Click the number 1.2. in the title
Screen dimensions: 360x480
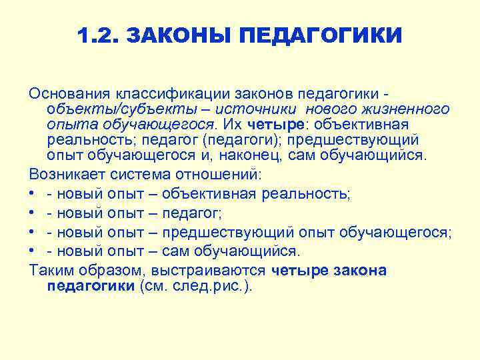click(x=97, y=35)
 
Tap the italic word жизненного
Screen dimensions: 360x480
click(x=401, y=109)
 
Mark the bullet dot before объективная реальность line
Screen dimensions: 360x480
click(x=33, y=194)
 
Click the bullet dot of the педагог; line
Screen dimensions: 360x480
click(x=33, y=213)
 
